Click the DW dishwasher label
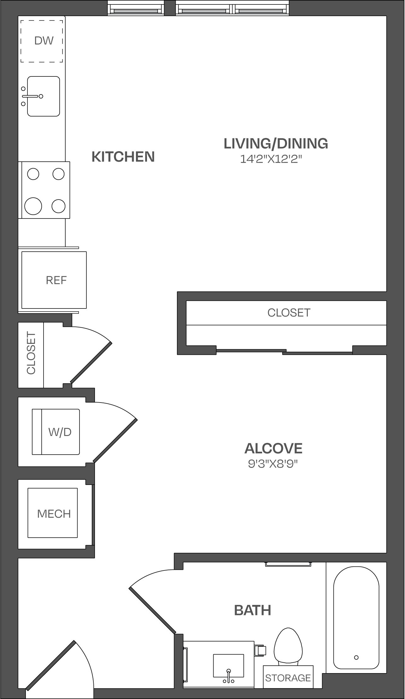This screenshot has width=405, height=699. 44,40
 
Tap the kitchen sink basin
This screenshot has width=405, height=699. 44,96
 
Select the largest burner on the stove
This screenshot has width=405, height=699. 33,206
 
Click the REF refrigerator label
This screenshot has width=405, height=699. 56,280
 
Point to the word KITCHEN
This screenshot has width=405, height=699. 123,157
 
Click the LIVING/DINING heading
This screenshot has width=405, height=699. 276,143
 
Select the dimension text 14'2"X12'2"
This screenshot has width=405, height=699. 271,159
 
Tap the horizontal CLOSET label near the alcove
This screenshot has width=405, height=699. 289,313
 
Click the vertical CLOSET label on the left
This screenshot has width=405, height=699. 31,353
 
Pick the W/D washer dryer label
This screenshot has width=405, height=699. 60,432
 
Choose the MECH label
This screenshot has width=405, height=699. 54,514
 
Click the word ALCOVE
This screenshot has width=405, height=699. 273,448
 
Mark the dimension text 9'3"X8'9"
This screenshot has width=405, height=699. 273,464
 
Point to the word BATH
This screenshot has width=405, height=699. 253,610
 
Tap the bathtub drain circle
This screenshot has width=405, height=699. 356,657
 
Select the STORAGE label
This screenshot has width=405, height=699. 288,678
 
